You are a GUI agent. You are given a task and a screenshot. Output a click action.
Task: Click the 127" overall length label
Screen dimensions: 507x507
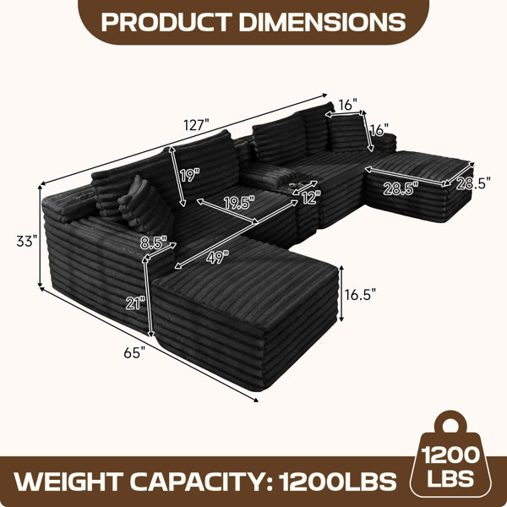pyautogui.click(x=196, y=125)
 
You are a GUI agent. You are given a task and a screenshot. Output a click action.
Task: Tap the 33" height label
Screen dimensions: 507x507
pyautogui.click(x=27, y=241)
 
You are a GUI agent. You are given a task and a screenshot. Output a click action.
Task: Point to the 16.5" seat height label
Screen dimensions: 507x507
pyautogui.click(x=360, y=294)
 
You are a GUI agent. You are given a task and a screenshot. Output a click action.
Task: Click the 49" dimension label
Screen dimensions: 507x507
pyautogui.click(x=217, y=257)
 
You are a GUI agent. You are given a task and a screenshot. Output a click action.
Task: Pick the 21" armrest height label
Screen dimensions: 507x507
pyautogui.click(x=136, y=303)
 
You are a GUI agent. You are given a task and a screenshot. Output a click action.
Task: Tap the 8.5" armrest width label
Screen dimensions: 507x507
pyautogui.click(x=154, y=243)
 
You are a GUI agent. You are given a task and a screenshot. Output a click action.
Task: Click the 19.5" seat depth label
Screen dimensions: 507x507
pyautogui.click(x=239, y=203)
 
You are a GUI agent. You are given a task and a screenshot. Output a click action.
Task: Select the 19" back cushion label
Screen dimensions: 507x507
pyautogui.click(x=190, y=175)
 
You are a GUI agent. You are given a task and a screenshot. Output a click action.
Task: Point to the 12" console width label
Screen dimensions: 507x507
pyautogui.click(x=311, y=197)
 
